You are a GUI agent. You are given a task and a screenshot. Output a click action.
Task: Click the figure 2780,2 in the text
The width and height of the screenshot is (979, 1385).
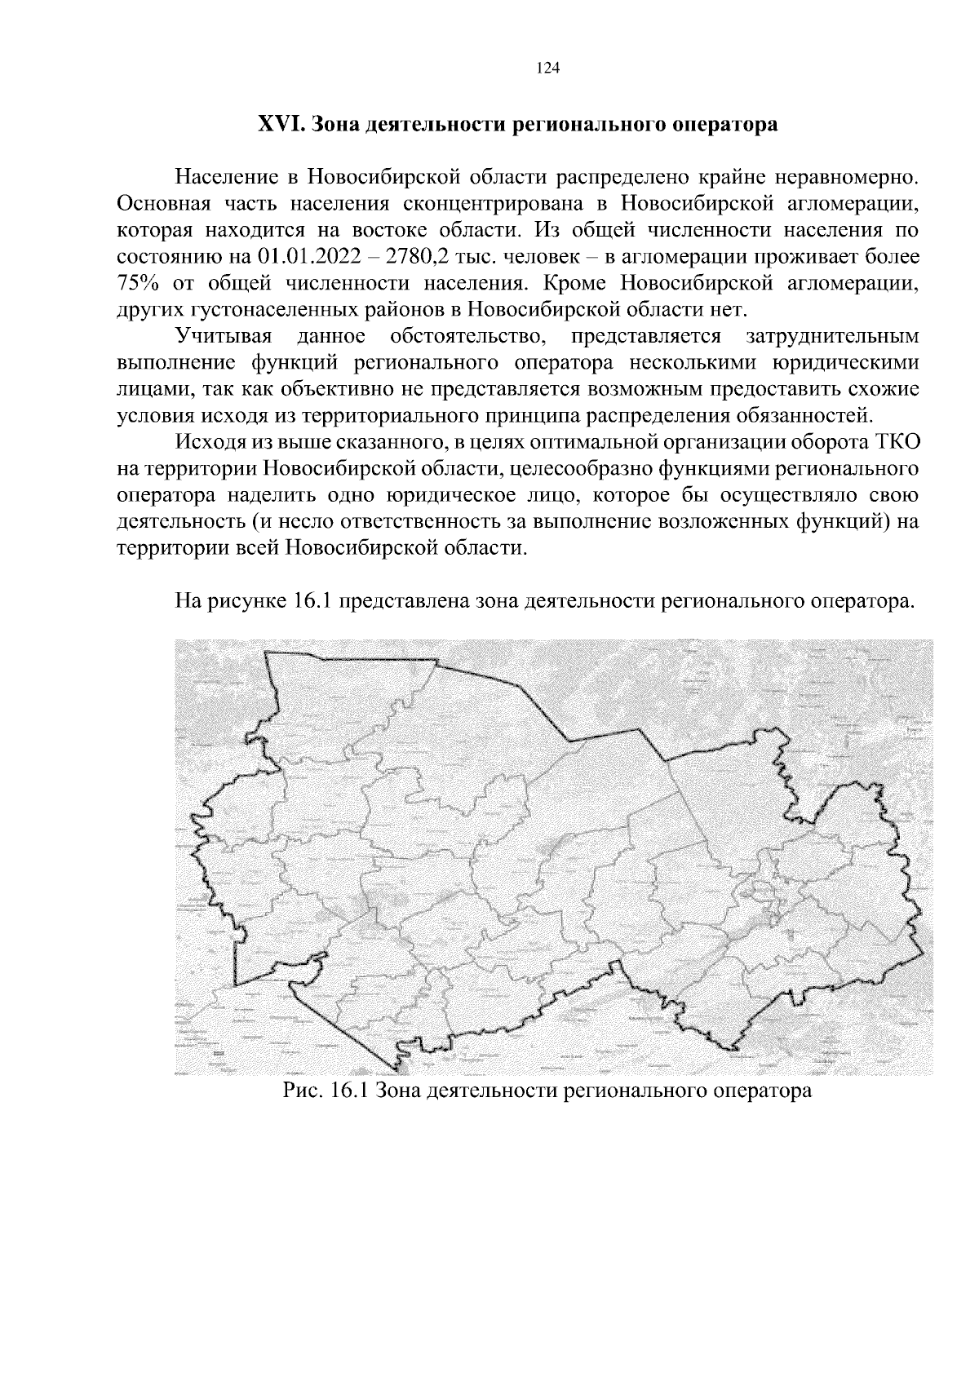click(421, 257)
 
